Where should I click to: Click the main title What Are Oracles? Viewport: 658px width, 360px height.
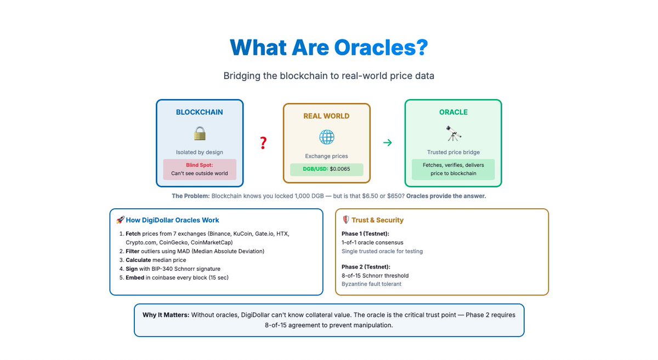(328, 47)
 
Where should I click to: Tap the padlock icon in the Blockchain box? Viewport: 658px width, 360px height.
(200, 133)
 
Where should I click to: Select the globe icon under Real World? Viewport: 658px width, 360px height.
(327, 137)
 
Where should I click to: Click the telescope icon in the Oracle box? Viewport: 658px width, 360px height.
(453, 133)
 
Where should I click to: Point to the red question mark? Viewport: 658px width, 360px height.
(263, 144)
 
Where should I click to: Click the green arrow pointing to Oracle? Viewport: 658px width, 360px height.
(387, 143)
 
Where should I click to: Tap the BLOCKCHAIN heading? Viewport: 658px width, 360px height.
(200, 112)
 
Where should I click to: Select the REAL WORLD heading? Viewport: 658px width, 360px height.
(326, 116)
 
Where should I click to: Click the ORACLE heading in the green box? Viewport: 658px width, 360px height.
(453, 112)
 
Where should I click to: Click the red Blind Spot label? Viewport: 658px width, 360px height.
(199, 165)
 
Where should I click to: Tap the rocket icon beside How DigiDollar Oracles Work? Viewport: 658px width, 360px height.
(121, 220)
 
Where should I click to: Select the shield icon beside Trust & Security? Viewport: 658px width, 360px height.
(346, 220)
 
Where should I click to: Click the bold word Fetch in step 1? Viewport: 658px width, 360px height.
(133, 233)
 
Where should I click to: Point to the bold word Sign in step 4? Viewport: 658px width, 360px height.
(132, 268)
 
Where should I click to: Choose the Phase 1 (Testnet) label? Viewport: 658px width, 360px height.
(365, 233)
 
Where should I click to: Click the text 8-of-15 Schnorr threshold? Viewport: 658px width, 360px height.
(375, 276)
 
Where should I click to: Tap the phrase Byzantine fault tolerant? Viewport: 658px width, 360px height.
(371, 284)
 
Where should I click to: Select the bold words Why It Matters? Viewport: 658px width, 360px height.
(166, 315)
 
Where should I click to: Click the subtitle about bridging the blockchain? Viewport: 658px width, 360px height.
(328, 76)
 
